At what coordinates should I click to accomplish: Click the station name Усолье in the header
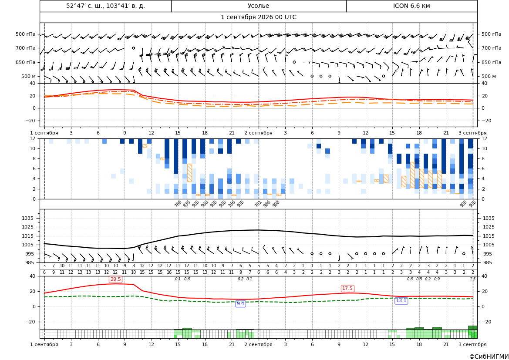[x=258, y=6]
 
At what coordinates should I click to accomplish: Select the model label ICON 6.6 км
[x=411, y=6]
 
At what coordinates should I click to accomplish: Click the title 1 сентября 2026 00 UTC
[x=258, y=17]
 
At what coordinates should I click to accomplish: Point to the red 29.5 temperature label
[x=116, y=279]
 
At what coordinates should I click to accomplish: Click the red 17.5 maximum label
[x=347, y=288]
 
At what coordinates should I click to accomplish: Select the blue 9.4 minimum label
[x=240, y=303]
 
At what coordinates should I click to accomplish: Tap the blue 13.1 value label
[x=401, y=301]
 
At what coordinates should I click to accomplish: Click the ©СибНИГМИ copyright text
[x=489, y=357]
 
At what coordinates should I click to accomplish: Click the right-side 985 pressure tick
[x=489, y=262]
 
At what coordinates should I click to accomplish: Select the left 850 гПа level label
[x=26, y=62]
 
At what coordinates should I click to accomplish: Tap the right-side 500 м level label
[x=489, y=76]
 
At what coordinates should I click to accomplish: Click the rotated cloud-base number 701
[x=258, y=204]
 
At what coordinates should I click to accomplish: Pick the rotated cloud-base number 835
[x=186, y=204]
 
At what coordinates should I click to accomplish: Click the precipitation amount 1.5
[x=473, y=279]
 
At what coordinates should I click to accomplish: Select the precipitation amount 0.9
[x=437, y=279]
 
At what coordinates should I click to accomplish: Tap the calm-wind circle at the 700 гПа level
[x=133, y=48]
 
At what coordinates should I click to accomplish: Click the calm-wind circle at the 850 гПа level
[x=294, y=62]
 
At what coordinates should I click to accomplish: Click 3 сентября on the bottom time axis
[x=472, y=344]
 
